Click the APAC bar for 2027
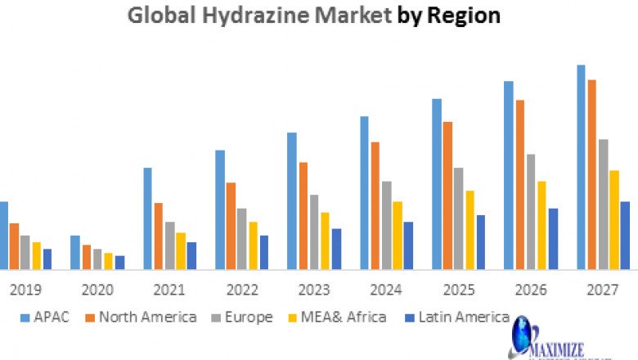click(x=581, y=167)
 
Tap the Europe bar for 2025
click(x=458, y=218)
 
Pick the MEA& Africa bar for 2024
click(x=397, y=236)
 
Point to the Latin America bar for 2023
click(x=336, y=249)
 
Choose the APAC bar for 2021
click(x=148, y=218)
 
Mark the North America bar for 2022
click(x=231, y=226)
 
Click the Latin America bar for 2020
click(x=120, y=263)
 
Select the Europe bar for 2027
click(x=603, y=205)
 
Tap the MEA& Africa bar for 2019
click(x=36, y=255)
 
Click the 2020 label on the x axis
click(x=98, y=290)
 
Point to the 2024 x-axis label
click(x=387, y=290)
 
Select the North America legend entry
click(x=139, y=317)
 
